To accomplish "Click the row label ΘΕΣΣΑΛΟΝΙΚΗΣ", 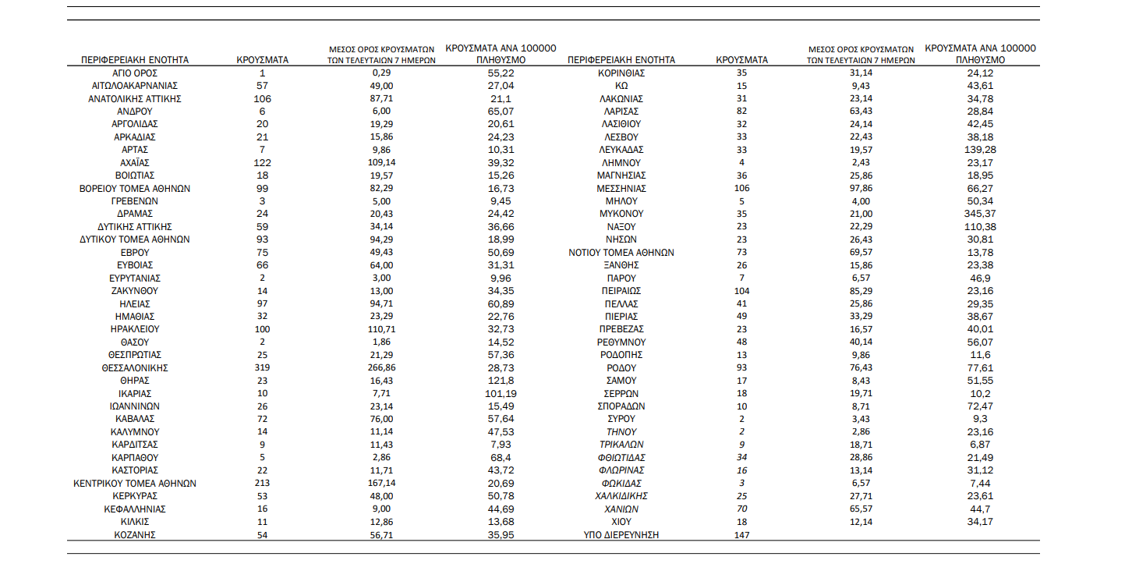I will pos(135,367).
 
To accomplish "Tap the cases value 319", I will pos(262,367).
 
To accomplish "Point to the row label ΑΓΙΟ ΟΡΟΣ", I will pos(135,73).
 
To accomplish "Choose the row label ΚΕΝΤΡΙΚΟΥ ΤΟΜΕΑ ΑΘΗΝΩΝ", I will pos(135,484).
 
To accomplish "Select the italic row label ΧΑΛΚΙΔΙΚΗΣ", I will pos(621,496).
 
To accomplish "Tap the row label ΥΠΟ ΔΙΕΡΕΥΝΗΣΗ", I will pos(621,534).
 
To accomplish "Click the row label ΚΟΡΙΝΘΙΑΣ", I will pos(621,73).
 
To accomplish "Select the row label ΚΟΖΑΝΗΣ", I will pos(135,534).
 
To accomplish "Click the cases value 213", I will pos(262,484).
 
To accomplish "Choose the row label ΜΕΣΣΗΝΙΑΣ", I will pos(621,188).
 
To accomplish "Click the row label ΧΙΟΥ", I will pos(621,521).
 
